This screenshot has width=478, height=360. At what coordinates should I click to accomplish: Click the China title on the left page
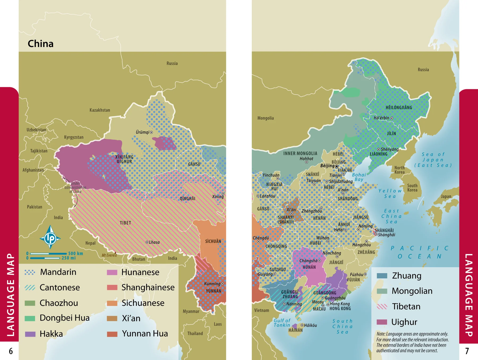pos(41,44)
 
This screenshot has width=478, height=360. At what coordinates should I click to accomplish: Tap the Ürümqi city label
pos(143,132)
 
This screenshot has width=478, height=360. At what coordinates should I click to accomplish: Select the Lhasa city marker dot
pos(147,242)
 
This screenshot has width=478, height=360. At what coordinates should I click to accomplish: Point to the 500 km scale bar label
pos(76,253)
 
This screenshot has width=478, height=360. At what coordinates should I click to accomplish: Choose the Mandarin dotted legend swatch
pos(30,272)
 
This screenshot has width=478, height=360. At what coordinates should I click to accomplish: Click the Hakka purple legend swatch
pos(30,334)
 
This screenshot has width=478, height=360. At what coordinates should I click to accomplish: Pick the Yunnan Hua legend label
pos(145,333)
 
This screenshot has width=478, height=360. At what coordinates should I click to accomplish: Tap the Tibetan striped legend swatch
pos(382,306)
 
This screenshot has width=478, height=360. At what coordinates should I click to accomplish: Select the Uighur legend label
pos(404,322)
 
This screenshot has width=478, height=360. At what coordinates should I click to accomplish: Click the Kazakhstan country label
pos(100,110)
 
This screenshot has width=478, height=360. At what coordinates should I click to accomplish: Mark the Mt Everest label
pos(109,255)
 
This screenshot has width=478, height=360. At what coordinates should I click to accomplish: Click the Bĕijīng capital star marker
pos(337,166)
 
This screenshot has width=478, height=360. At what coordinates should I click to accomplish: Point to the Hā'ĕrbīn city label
pos(381,118)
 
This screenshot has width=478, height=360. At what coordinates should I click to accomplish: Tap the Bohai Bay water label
pos(359,177)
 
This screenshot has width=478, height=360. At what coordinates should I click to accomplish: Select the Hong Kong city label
pos(340,304)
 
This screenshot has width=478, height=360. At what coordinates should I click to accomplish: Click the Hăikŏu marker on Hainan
pos(302,325)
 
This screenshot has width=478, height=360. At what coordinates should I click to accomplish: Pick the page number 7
pos(467,351)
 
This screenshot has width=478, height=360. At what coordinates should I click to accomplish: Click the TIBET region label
pos(125,223)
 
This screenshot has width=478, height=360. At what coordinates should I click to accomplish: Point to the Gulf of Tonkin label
pos(282,323)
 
